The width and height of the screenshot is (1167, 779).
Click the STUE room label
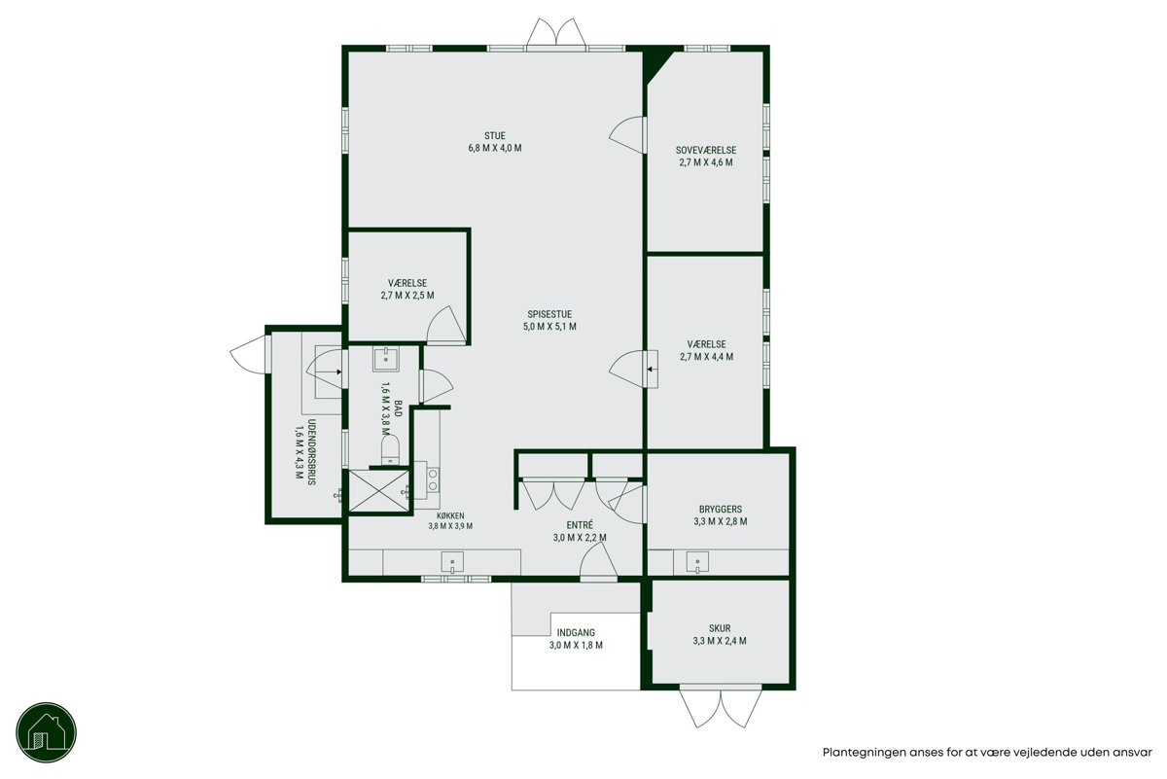coord(494,136)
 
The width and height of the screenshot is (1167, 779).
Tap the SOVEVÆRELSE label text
coord(706,151)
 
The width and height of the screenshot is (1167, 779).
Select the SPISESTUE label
coord(549,315)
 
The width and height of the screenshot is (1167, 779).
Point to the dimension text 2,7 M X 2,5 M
coord(407,296)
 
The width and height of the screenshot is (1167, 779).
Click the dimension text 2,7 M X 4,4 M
coord(706,357)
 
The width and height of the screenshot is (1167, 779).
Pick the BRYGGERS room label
coord(721,509)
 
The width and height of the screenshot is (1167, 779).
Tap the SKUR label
coord(720,628)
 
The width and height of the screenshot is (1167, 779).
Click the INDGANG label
coord(576,632)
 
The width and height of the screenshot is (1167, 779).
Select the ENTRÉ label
coord(580,525)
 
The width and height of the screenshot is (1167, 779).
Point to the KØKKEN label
coord(450,515)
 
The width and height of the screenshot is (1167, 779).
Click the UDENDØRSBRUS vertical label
coord(312,452)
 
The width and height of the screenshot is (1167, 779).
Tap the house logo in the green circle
coord(47,732)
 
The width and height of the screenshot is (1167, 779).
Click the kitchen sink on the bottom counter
coord(452,563)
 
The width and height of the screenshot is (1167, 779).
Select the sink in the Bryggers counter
coord(697,562)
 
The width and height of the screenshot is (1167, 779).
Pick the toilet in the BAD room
coord(390,450)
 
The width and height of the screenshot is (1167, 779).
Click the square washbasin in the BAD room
coord(386,360)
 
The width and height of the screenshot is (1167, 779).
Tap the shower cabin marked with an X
coord(378,491)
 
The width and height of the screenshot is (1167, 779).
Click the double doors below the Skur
coord(721,709)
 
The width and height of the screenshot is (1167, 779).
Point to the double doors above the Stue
coord(556,32)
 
